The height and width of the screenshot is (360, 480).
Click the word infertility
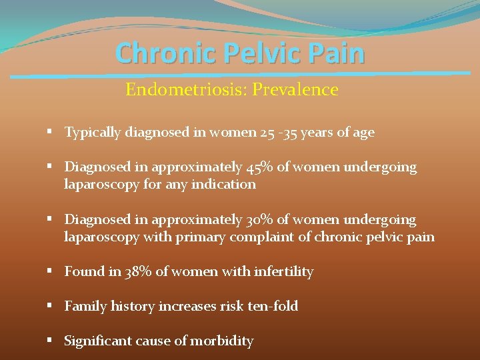(x=285, y=271)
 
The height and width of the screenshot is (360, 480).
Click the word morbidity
(x=222, y=341)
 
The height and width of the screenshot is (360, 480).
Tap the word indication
(x=223, y=183)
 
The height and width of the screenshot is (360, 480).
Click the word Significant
(x=98, y=341)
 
